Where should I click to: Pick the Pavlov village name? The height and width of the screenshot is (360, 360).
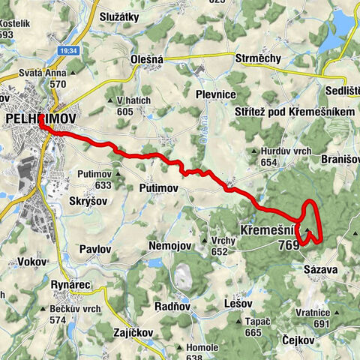95,248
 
